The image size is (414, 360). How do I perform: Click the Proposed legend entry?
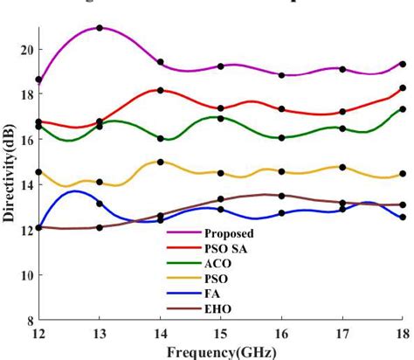click(x=228, y=233)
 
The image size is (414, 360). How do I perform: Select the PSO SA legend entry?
click(x=225, y=248)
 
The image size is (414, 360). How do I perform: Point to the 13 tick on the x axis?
click(x=99, y=334)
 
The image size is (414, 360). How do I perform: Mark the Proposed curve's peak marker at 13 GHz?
click(x=100, y=28)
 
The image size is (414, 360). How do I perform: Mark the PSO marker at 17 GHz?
click(x=342, y=167)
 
